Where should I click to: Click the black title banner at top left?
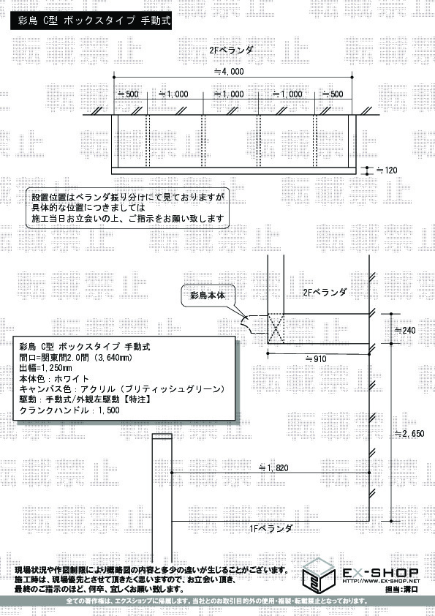point(91,20)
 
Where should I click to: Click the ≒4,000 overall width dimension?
point(229,72)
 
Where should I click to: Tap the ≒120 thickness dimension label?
point(387,170)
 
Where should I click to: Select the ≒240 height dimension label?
point(405,330)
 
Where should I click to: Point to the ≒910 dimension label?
point(316,358)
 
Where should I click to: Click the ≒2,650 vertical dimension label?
point(409,434)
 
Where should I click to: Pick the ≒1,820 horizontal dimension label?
point(273,468)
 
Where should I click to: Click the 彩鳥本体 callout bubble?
point(208,296)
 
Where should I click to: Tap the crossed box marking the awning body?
point(276,328)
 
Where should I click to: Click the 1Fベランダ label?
point(271,528)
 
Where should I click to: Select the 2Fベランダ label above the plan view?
point(231,50)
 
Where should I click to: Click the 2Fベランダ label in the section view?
point(325,293)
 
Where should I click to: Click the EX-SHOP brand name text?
point(380,573)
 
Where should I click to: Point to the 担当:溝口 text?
point(401,589)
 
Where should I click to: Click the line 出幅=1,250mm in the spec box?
point(45,368)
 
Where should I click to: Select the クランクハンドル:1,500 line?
point(69,410)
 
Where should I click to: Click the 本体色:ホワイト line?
point(54,379)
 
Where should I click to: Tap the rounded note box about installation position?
point(128,209)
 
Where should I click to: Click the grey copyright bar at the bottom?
point(218,601)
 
